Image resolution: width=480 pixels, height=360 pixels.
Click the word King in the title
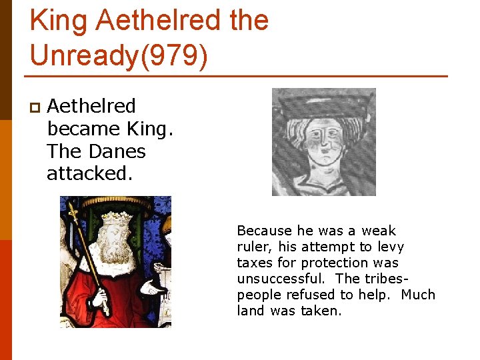coord(58,21)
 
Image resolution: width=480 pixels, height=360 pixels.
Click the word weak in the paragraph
coord(379,231)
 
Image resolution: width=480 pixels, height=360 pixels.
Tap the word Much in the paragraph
coord(418,295)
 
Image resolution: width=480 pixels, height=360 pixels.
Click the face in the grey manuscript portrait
coord(324,141)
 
